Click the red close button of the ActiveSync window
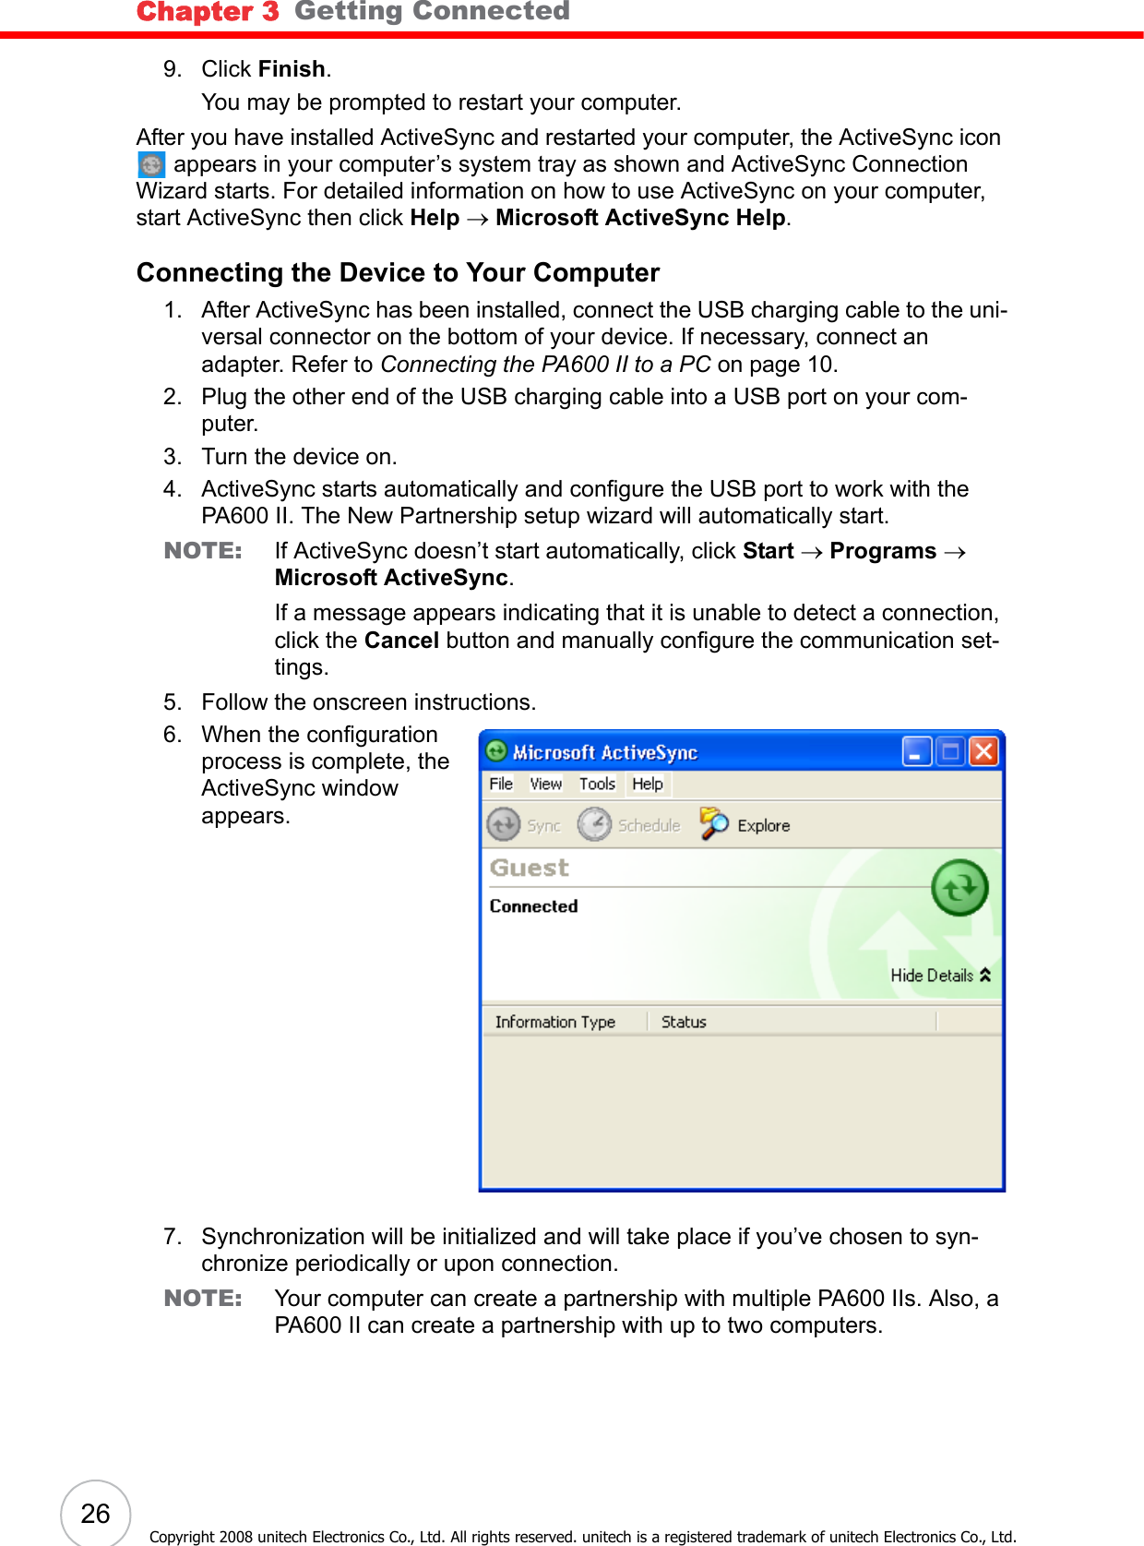[x=983, y=752]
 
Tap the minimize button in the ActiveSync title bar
[x=916, y=752]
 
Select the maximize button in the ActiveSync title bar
[x=949, y=752]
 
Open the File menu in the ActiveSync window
[x=501, y=784]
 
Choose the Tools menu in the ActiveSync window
[x=597, y=784]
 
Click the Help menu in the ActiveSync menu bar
[x=648, y=784]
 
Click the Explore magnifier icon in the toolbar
[x=713, y=824]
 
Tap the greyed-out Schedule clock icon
[x=595, y=824]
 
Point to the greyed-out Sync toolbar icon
[x=504, y=824]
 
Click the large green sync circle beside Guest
[x=959, y=887]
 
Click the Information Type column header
[x=555, y=1022]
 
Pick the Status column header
[x=684, y=1022]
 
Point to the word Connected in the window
[x=533, y=906]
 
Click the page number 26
[x=95, y=1514]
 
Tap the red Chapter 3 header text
[x=208, y=12]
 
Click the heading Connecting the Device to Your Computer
[x=398, y=273]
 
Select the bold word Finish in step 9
[x=292, y=69]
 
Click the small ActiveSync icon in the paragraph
[x=151, y=165]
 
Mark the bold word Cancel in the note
[x=401, y=641]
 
